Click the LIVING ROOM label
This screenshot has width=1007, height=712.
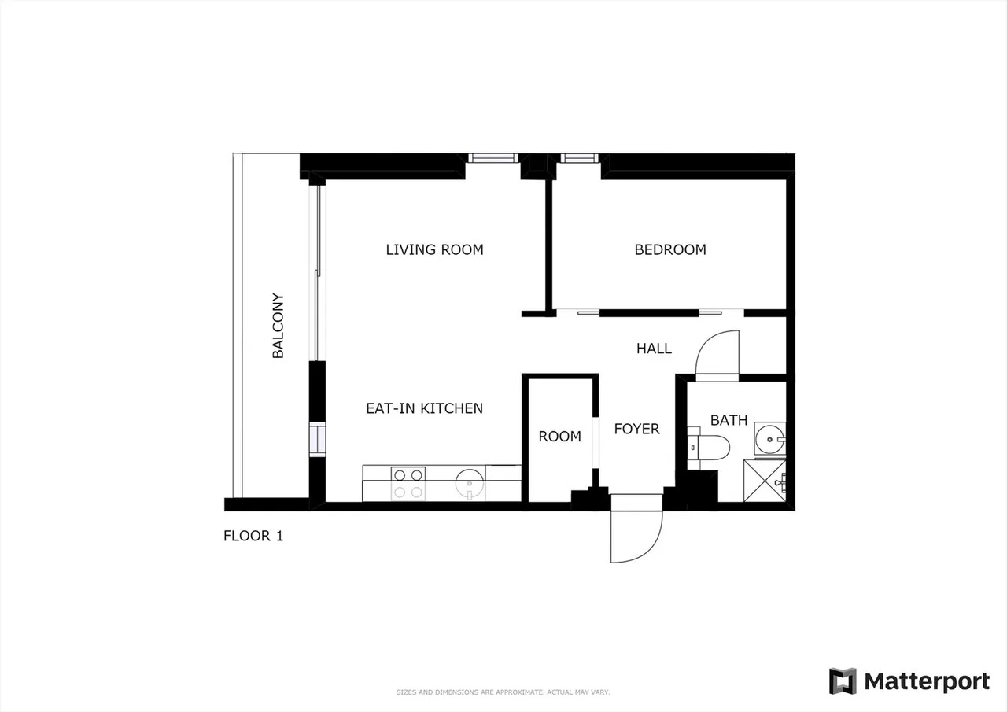tap(434, 249)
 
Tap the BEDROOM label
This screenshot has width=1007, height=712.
tap(669, 249)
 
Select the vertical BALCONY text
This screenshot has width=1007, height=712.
tap(278, 326)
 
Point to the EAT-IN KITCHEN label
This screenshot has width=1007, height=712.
tap(424, 408)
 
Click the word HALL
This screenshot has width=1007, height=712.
tap(654, 349)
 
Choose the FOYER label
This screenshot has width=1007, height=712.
tap(636, 429)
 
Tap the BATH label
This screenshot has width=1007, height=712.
tap(729, 420)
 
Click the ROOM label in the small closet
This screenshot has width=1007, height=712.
tap(559, 436)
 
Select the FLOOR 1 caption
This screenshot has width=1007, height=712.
tap(253, 536)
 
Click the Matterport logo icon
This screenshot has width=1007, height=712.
tap(843, 681)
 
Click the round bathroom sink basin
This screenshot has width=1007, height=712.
tap(769, 439)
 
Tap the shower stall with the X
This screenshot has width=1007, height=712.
tap(765, 481)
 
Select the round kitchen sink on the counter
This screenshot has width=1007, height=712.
tap(470, 484)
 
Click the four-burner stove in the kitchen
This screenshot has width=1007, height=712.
tap(408, 484)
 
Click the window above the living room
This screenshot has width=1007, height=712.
tap(493, 158)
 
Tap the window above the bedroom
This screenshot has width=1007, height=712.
tap(580, 158)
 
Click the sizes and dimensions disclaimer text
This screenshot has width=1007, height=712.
tap(503, 692)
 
